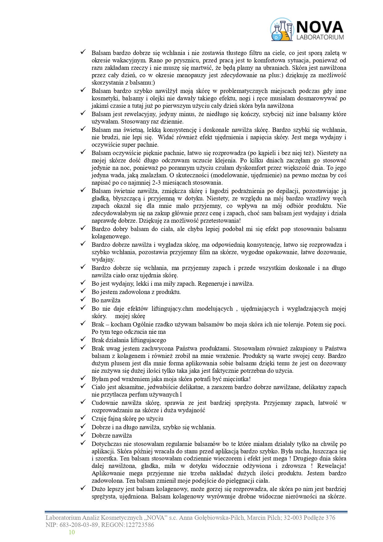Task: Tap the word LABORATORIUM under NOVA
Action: coord(320,37)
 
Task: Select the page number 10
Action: coord(72,532)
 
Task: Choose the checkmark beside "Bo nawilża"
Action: coord(83,300)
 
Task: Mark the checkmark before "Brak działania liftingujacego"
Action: coord(83,339)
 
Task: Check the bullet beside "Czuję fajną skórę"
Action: coord(83,418)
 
